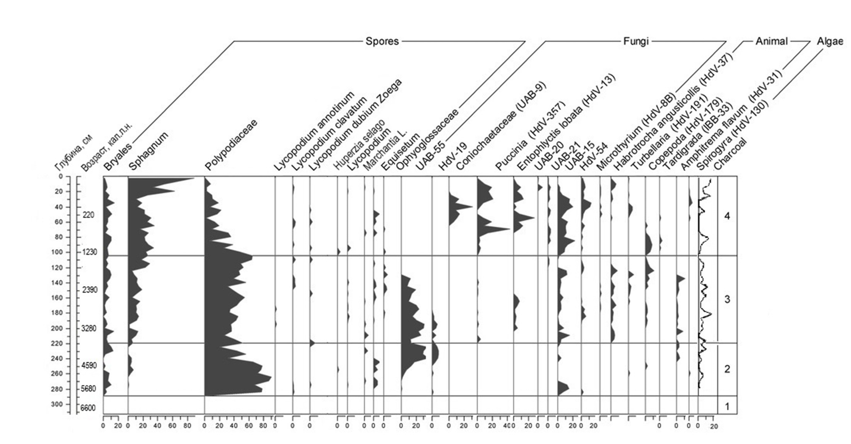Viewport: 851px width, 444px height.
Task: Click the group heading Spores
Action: pos(382,41)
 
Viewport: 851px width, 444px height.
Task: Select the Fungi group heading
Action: pos(636,41)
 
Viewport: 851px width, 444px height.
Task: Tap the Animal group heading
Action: pos(771,41)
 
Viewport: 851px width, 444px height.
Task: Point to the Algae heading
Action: pos(830,41)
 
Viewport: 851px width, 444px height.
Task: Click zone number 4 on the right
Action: pos(727,216)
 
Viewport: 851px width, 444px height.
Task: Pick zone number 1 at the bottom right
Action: pos(727,407)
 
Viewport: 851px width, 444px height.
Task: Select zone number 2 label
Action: pos(727,369)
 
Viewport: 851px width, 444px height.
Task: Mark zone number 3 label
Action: pos(727,300)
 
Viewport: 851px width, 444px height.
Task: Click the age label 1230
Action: pos(89,252)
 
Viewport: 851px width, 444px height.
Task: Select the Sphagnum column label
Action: pos(148,151)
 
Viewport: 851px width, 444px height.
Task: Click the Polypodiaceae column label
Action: pos(231,145)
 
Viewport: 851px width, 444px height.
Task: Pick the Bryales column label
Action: pos(117,157)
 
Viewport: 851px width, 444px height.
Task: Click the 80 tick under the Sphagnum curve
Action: pos(187,426)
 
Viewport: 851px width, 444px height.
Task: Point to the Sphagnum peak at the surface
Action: pos(193,178)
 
